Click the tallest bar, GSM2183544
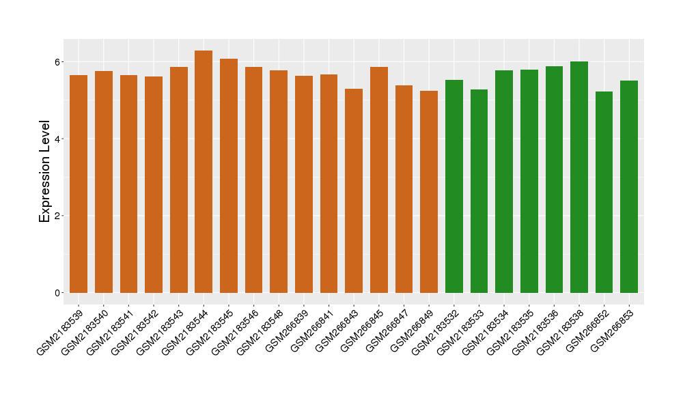coord(204,171)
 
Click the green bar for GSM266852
coord(604,191)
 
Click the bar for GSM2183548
coord(279,181)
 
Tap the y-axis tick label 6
coord(59,62)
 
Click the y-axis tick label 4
coord(59,139)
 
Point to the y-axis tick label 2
coord(59,216)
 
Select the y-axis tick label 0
coord(59,293)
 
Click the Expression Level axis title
coord(45,171)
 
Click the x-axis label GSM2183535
coord(514,329)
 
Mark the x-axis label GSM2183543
coord(164,329)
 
